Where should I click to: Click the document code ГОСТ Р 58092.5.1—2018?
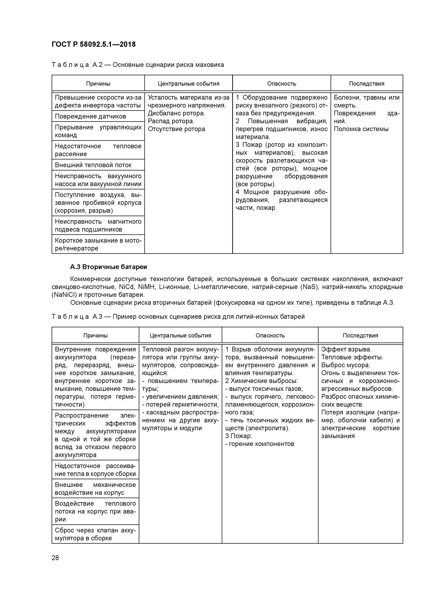click(94, 44)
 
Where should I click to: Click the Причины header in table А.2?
click(98, 84)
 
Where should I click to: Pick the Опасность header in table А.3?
click(270, 336)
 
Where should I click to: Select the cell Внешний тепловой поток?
click(93, 165)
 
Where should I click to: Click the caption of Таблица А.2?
click(138, 65)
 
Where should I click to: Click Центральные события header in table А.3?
click(180, 336)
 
